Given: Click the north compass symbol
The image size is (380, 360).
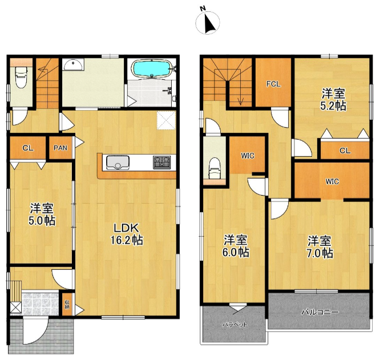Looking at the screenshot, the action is (x=208, y=22).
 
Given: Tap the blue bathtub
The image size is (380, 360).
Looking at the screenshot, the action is (x=151, y=68).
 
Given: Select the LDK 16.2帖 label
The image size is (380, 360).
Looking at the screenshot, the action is (x=127, y=234).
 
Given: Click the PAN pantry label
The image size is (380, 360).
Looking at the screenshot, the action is (x=60, y=148).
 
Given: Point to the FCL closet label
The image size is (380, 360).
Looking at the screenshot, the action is (x=273, y=84).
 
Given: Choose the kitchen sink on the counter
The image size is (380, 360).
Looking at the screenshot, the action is (x=118, y=163).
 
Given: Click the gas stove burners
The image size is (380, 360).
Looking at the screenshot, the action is (x=162, y=163).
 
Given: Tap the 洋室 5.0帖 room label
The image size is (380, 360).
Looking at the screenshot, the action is (x=42, y=215).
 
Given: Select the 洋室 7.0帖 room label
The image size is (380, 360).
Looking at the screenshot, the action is (x=320, y=247).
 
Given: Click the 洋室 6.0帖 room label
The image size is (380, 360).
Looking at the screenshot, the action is (x=236, y=246).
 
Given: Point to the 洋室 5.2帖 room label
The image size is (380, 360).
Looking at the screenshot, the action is (x=333, y=99).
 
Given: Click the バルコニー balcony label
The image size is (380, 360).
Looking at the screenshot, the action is (x=320, y=312).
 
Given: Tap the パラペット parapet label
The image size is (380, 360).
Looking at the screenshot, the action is (x=235, y=325).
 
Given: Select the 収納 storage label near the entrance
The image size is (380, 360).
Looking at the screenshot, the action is (x=67, y=304).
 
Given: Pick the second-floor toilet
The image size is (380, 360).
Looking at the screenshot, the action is (x=214, y=168).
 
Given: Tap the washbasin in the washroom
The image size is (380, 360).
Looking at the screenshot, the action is (x=73, y=64).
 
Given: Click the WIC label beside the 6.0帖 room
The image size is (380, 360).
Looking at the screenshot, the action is (x=248, y=156).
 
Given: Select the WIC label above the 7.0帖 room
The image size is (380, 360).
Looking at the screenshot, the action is (x=332, y=181).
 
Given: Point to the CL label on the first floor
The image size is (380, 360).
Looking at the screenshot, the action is (x=28, y=148).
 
